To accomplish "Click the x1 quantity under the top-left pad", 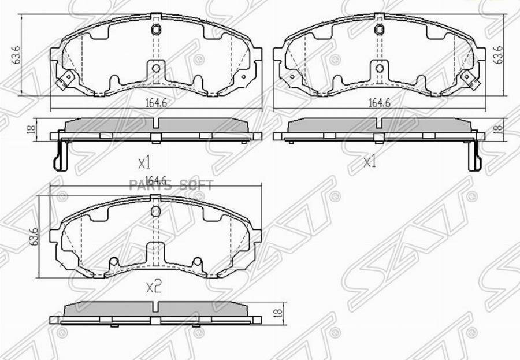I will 144,161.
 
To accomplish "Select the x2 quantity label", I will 153,287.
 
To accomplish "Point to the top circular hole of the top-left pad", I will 155,31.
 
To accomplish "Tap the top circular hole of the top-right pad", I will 379,31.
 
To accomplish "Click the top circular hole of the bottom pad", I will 155,210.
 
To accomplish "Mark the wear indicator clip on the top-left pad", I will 66,79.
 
